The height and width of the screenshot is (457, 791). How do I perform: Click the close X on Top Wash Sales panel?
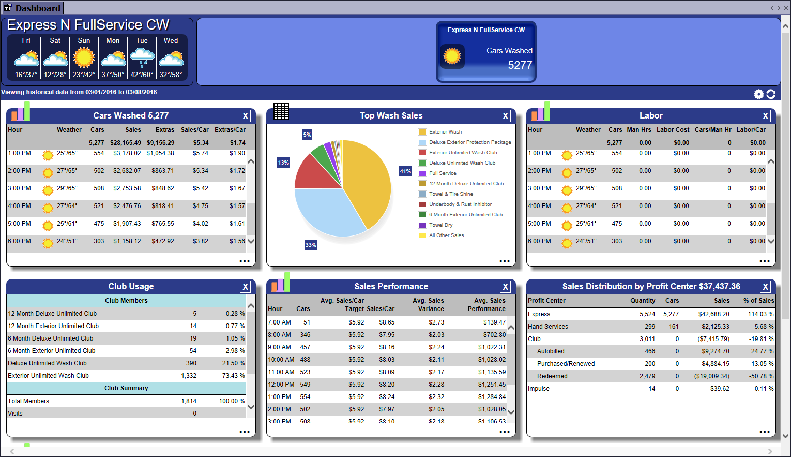click(x=505, y=116)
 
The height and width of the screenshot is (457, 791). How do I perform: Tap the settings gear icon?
click(x=758, y=94)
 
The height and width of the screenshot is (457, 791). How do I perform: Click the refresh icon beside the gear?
click(x=771, y=94)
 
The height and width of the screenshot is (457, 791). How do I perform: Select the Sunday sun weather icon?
click(x=84, y=57)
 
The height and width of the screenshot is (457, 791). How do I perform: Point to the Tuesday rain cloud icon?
click(x=142, y=57)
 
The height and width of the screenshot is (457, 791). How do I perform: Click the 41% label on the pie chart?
click(x=405, y=171)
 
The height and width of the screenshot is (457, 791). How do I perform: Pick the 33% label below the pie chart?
click(x=310, y=245)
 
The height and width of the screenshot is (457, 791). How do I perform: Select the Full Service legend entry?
click(x=443, y=173)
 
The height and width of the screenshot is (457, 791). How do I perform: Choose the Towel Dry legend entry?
click(x=440, y=225)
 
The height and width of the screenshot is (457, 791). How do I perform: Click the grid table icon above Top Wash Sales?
click(x=281, y=111)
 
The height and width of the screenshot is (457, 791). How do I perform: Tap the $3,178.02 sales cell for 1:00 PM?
click(x=127, y=153)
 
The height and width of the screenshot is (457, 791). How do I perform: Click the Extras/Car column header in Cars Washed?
click(x=230, y=130)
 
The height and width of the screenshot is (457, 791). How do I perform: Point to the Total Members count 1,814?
click(x=189, y=401)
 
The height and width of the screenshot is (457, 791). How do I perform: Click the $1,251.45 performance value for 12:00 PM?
click(x=492, y=385)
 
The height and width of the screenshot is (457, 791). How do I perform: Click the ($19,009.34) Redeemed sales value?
click(x=711, y=376)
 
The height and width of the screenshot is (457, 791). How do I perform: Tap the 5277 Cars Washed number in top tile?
click(x=520, y=65)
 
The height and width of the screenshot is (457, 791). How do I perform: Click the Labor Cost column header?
click(x=673, y=130)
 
